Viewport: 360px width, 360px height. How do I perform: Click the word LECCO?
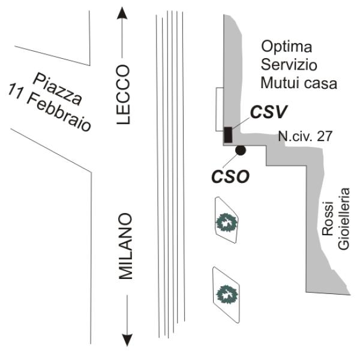pos(124,95)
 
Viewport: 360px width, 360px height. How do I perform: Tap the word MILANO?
pos(125,246)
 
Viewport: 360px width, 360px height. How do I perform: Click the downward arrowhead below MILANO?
pos(127,340)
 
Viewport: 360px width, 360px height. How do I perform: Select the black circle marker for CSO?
pos(240,151)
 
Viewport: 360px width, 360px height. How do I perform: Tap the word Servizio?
pos(288,64)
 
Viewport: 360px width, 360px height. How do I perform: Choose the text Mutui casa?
pos(298,83)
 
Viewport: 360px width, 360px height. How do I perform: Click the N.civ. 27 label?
pos(305,137)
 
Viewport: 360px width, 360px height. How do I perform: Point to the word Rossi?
pos(328,224)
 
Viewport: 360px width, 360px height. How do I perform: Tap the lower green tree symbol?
pos(227,294)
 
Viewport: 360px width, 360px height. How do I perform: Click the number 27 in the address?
pos(325,137)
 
